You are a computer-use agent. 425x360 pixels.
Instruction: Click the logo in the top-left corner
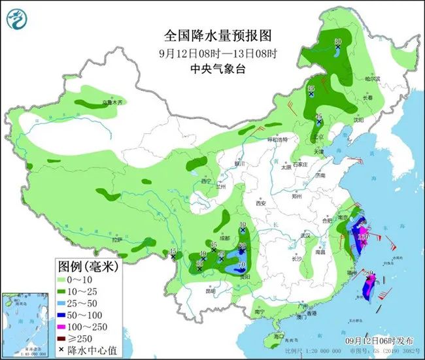tap(18, 21)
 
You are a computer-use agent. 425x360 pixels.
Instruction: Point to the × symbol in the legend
tap(61, 350)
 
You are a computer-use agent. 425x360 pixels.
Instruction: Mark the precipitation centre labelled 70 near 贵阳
tap(242, 265)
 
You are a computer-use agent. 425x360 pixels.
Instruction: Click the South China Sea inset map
tap(25, 321)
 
